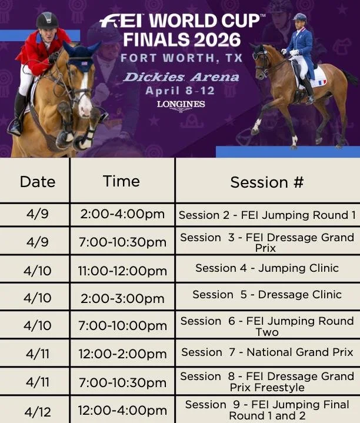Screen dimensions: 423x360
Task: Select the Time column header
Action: click(x=121, y=181)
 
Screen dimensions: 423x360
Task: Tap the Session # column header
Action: click(x=266, y=182)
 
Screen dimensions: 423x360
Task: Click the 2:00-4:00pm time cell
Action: click(x=122, y=215)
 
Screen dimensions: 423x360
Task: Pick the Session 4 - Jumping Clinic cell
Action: click(x=267, y=268)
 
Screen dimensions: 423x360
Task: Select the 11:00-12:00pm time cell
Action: click(x=122, y=271)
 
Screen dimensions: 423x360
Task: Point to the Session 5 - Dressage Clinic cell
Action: click(x=267, y=295)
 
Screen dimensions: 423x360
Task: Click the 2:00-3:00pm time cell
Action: click(x=122, y=298)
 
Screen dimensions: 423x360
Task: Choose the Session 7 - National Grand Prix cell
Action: click(x=267, y=352)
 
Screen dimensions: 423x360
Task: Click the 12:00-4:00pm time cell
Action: click(x=122, y=410)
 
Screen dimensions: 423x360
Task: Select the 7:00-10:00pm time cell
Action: click(x=122, y=326)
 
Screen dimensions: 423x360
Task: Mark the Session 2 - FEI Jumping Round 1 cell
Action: click(x=267, y=215)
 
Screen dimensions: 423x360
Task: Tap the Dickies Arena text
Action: click(x=181, y=77)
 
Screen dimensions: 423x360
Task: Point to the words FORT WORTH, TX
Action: click(x=181, y=58)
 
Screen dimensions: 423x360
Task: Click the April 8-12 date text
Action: click(x=181, y=91)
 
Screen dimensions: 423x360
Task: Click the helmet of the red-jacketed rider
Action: click(x=47, y=21)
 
